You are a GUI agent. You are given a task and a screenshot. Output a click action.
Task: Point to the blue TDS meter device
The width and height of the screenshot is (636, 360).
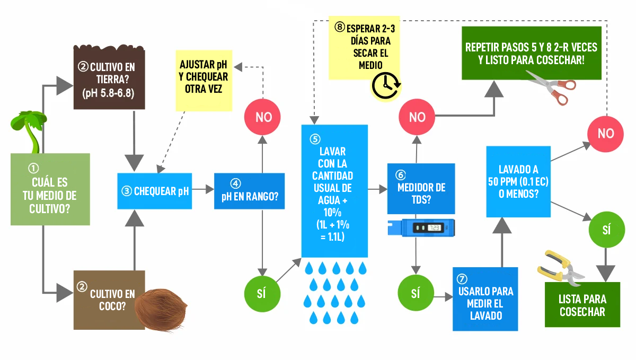coord(419,227)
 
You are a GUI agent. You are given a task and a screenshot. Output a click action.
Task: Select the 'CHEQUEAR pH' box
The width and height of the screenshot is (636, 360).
coord(155,190)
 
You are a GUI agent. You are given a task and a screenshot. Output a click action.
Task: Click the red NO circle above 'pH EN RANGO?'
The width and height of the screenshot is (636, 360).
coord(263,117)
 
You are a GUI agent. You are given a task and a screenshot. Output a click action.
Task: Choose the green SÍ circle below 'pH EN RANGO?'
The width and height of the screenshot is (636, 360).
coord(261,293)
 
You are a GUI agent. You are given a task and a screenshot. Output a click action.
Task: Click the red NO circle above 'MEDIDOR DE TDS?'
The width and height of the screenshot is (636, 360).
coord(417,117)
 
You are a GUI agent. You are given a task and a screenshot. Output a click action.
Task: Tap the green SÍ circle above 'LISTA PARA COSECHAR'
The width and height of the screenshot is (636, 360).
coord(606,230)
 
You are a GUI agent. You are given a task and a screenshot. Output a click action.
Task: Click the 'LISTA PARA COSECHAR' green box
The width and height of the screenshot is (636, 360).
coord(582,304)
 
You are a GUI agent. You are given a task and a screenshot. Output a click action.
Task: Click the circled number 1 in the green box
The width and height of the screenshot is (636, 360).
coord(33,168)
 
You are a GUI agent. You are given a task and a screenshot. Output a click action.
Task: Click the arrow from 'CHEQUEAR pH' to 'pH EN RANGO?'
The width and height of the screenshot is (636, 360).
coord(203,189)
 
